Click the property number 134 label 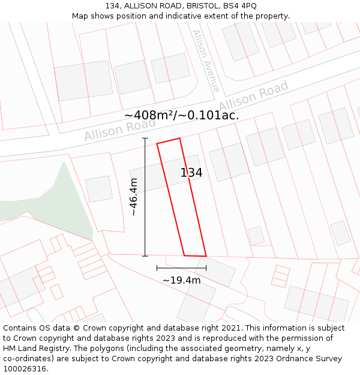click(x=191, y=173)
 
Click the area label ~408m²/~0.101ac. click(x=181, y=115)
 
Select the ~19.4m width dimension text click(x=181, y=280)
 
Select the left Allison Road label click(x=119, y=129)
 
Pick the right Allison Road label click(x=253, y=96)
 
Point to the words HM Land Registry click(x=32, y=349)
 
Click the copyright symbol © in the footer click(x=76, y=328)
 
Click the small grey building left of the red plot click(x=98, y=188)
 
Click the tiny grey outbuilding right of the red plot click(x=256, y=235)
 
